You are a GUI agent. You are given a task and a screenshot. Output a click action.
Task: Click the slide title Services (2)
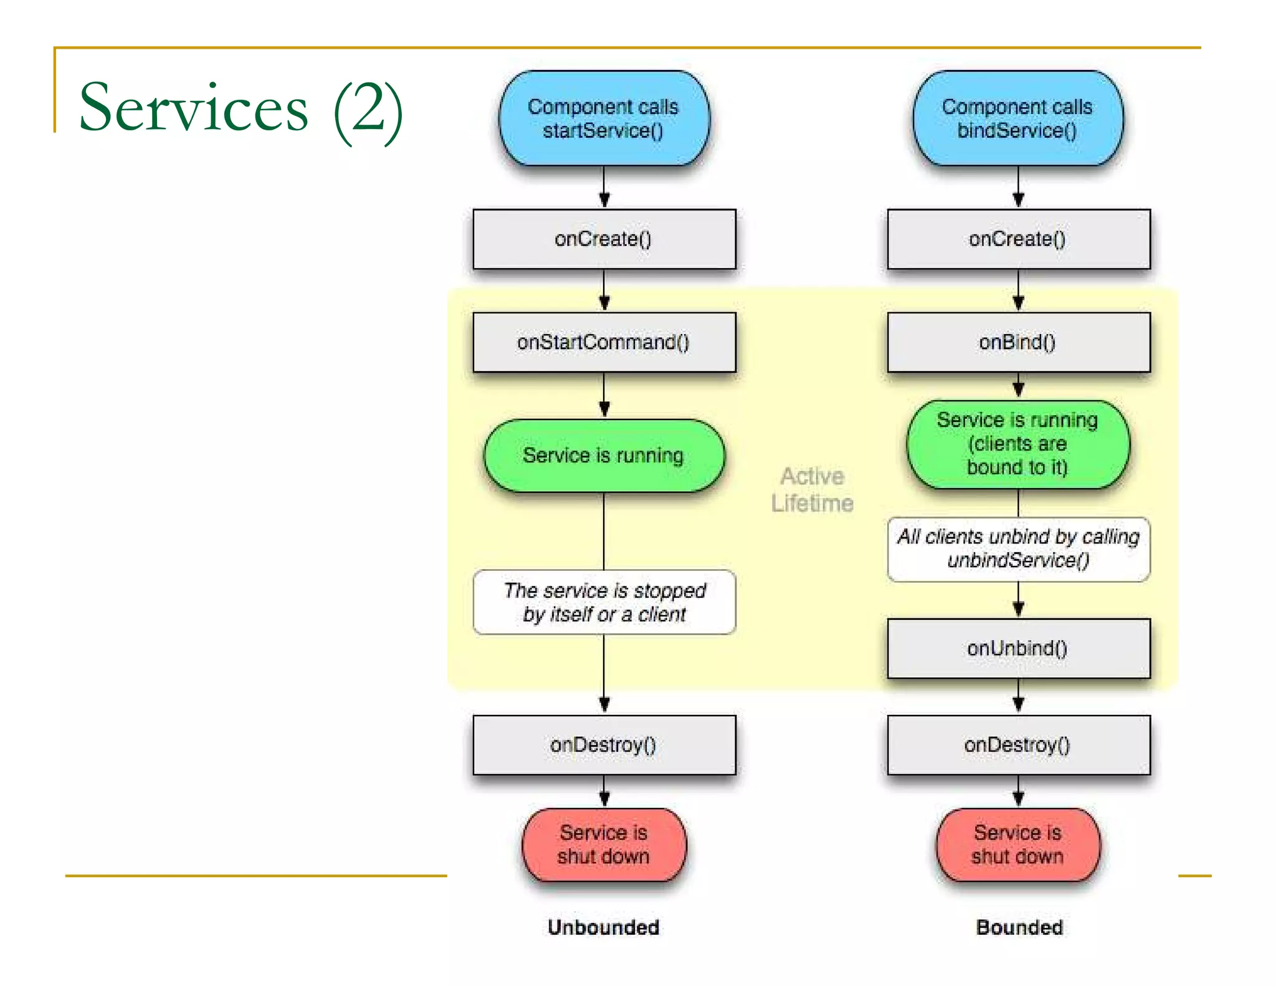241,108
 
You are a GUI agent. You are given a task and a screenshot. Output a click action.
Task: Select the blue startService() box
603,118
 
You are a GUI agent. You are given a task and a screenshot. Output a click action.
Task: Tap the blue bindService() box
1017,118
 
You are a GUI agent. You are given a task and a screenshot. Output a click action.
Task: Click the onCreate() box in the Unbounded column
604,239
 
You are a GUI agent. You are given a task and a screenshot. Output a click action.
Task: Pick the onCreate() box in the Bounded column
1018,239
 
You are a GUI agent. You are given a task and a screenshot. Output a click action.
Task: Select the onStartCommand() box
604,342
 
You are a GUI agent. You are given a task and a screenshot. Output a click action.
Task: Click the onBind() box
1018,342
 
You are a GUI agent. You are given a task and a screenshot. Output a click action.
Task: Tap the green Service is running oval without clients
604,456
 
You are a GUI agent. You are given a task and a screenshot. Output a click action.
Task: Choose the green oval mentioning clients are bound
1017,444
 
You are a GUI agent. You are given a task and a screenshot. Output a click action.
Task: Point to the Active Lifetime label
812,490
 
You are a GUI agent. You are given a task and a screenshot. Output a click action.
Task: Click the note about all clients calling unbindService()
1018,548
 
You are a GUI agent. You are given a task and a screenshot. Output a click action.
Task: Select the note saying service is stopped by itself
604,602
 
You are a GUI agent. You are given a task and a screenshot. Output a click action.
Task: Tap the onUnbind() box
1018,648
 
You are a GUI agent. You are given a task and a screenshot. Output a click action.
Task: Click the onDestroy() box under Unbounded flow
604,745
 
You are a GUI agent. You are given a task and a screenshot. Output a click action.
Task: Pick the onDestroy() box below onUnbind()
1018,745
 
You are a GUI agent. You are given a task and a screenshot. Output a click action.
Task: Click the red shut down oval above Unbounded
604,845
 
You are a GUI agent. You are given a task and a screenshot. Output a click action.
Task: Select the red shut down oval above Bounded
1018,845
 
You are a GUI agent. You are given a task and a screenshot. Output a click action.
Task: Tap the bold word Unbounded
604,927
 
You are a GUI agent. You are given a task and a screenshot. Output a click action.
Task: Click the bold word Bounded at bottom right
1019,927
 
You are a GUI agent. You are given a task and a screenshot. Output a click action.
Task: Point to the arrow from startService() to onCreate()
604,187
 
